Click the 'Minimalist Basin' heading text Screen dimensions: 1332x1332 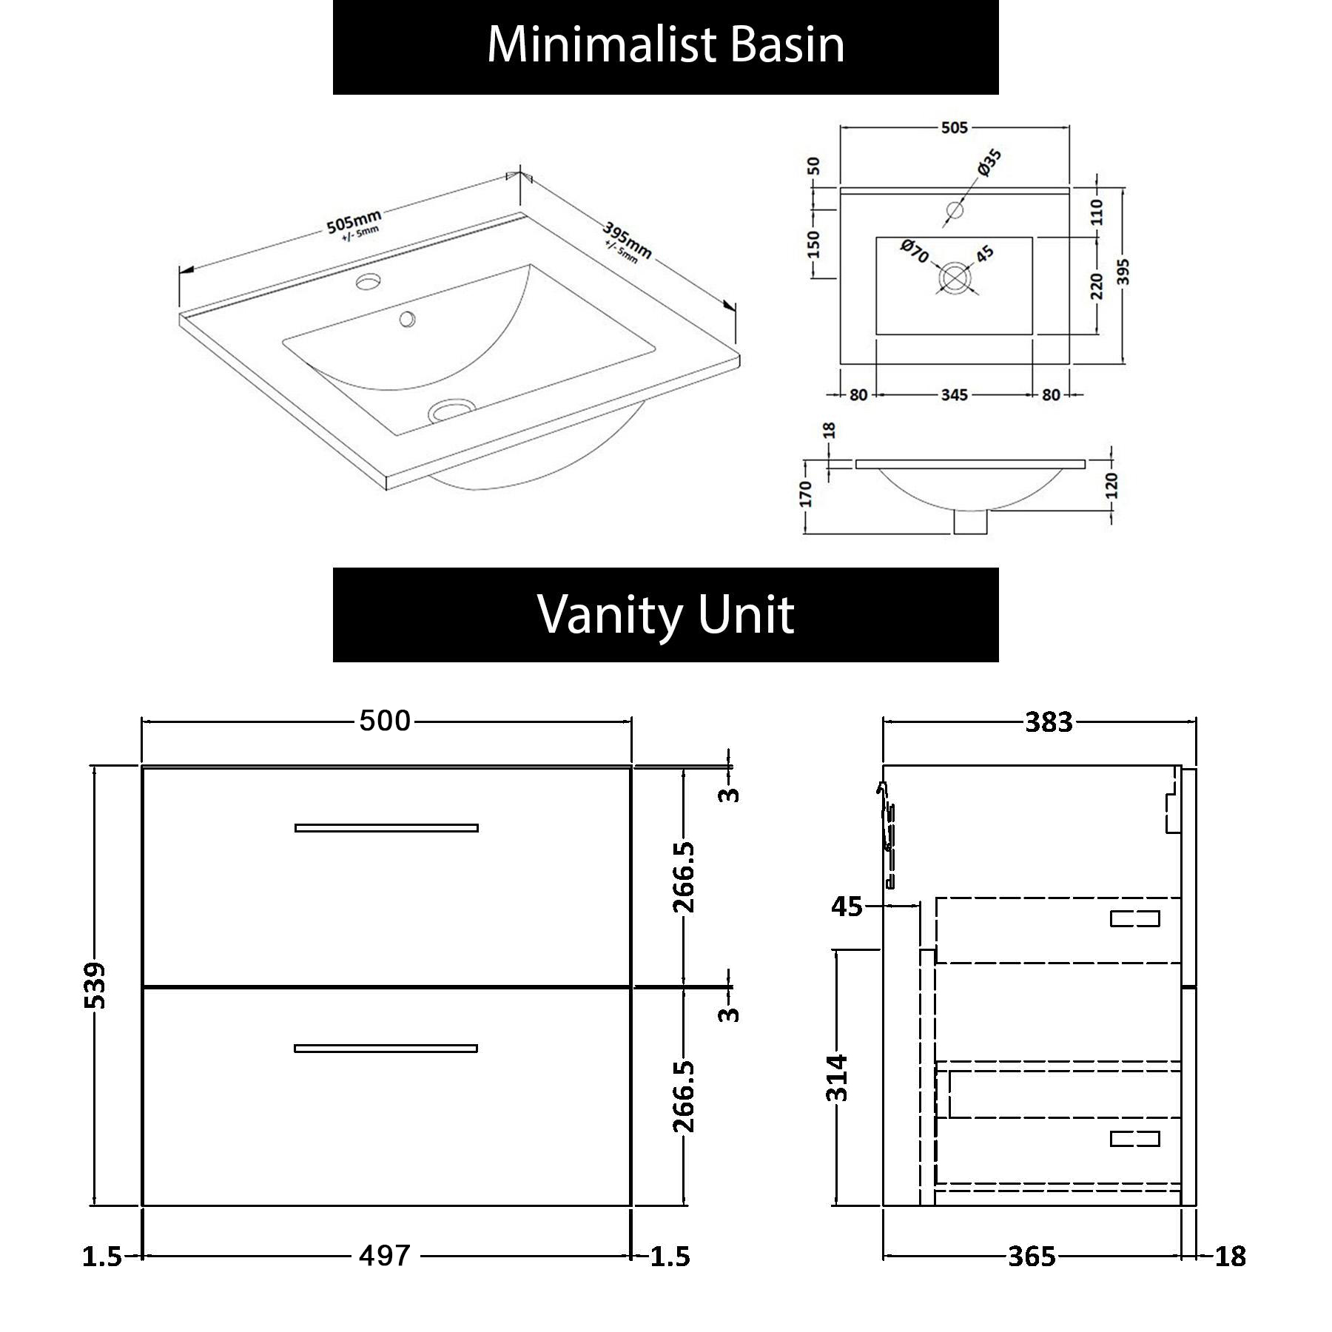665,45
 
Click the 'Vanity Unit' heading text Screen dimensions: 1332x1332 665,614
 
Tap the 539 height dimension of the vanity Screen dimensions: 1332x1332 95,985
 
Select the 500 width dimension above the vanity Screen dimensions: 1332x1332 385,721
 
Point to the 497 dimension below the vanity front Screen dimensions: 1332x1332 385,1255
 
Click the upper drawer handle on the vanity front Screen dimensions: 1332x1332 386,827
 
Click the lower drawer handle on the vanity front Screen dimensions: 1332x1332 386,1048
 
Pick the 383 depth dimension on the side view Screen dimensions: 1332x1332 1049,722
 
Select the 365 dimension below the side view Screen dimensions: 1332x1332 1032,1256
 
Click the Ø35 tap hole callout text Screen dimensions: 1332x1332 989,162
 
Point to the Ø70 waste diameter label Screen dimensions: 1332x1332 915,251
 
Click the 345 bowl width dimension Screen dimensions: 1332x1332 954,395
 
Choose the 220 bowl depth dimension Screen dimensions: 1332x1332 1097,286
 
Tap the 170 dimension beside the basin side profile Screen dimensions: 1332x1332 806,494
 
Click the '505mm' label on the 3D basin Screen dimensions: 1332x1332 354,221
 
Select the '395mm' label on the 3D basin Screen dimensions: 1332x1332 627,240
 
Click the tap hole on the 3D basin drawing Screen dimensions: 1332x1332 368,281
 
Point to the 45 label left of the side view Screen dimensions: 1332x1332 847,906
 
